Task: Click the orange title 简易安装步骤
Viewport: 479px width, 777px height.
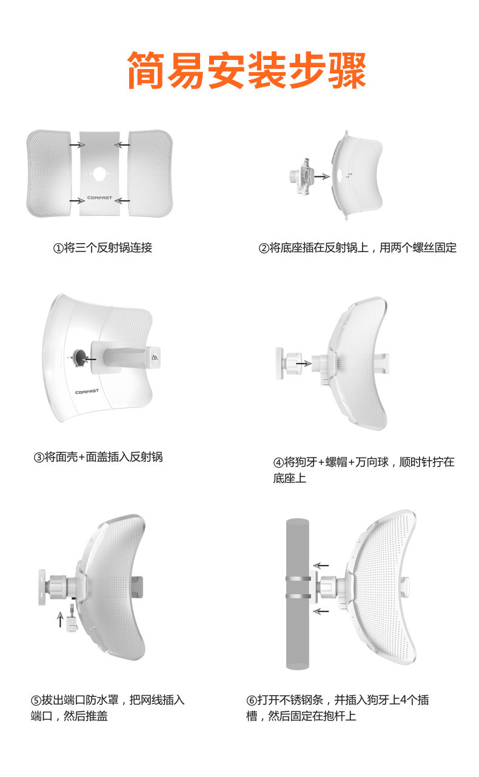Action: pos(247,70)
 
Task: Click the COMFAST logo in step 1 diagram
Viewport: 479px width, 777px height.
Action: pos(99,198)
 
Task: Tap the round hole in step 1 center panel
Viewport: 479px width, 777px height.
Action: pos(99,173)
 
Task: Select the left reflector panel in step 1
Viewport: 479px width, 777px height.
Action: pos(49,173)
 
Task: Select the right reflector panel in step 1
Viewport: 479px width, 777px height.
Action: pos(150,173)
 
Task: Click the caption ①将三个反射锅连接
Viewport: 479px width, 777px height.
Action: pos(102,248)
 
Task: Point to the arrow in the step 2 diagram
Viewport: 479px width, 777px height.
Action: pos(322,176)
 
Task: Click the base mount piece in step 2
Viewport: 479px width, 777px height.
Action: pos(301,176)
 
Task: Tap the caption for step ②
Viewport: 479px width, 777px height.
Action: pos(358,248)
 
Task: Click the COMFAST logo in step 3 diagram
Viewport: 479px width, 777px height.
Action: pos(87,392)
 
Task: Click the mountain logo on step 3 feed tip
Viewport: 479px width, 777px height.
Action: pos(155,357)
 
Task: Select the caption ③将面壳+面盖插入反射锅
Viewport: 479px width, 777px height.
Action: pos(98,457)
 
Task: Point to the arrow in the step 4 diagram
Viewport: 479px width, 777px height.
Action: pos(304,364)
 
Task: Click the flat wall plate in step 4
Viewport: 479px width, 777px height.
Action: pos(280,363)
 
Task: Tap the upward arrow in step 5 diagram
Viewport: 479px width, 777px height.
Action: pos(60,619)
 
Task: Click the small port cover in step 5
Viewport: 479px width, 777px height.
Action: pos(72,622)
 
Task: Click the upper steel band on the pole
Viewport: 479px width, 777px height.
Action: pos(298,578)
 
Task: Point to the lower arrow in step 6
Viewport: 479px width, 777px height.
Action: pos(321,611)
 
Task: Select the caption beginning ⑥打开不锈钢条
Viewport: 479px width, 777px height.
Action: pos(338,708)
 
